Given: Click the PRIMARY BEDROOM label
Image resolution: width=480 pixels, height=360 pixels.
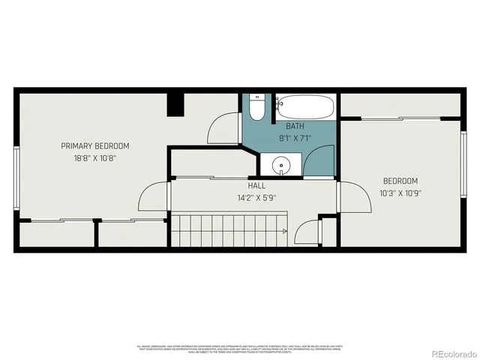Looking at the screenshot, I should pos(95,145).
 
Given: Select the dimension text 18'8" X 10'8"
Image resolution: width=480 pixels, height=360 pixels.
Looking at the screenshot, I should pos(95,158).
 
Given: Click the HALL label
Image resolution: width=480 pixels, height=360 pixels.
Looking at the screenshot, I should pos(256,185).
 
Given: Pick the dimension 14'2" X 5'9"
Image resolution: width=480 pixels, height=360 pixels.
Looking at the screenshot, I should pos(256,198).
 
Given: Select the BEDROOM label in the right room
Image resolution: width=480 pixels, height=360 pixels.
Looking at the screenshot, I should pos(400,180).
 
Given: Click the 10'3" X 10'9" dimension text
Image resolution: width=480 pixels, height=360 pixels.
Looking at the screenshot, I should pos(400,193).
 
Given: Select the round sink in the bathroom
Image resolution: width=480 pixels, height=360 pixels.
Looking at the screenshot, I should pos(281,165).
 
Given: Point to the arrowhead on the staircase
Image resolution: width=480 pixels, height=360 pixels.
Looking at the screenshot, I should pos(285,232).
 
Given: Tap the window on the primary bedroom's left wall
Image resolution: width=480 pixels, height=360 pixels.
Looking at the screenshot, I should pos(16,174).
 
